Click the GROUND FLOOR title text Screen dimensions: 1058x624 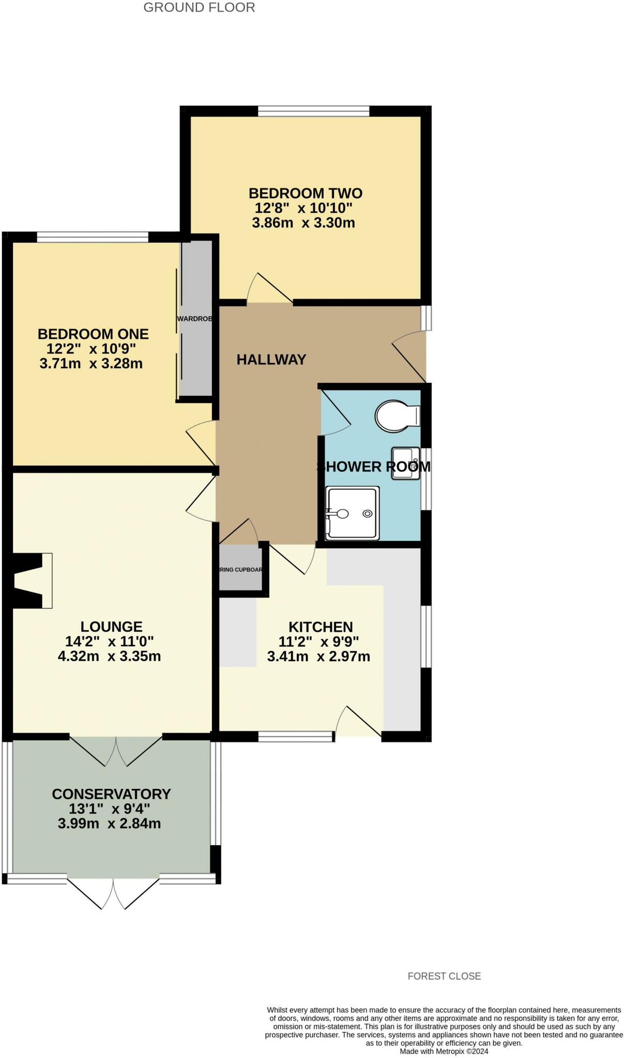click(x=199, y=8)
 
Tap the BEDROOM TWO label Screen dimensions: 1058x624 click(x=306, y=193)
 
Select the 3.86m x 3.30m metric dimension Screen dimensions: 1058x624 click(x=303, y=223)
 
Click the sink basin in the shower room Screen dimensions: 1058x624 click(x=405, y=463)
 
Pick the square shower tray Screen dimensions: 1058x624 click(x=352, y=513)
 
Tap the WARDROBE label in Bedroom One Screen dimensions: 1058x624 click(x=195, y=319)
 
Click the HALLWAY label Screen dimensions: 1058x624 click(x=271, y=360)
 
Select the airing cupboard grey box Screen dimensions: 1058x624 click(x=240, y=570)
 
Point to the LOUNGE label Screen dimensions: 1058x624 click(x=112, y=627)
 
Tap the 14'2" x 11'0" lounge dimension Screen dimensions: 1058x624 click(x=110, y=642)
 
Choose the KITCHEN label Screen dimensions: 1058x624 click(x=321, y=627)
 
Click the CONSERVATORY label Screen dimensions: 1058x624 click(x=111, y=794)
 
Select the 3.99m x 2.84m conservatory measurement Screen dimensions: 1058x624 click(x=110, y=823)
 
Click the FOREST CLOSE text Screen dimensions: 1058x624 click(x=444, y=976)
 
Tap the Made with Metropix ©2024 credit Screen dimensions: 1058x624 click(x=444, y=1051)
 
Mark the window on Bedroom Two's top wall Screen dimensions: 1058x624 click(x=314, y=111)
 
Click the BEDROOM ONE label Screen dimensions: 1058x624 click(x=93, y=334)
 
